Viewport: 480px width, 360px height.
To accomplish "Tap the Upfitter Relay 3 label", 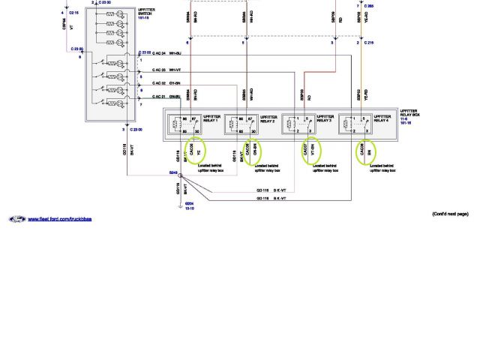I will [324, 118].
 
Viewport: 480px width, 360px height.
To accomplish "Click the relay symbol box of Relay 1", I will [181, 124].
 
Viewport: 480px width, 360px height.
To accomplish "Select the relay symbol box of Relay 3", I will [296, 124].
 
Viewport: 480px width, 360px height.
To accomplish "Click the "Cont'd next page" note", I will [450, 214].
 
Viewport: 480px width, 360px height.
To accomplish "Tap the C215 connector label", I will [369, 43].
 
